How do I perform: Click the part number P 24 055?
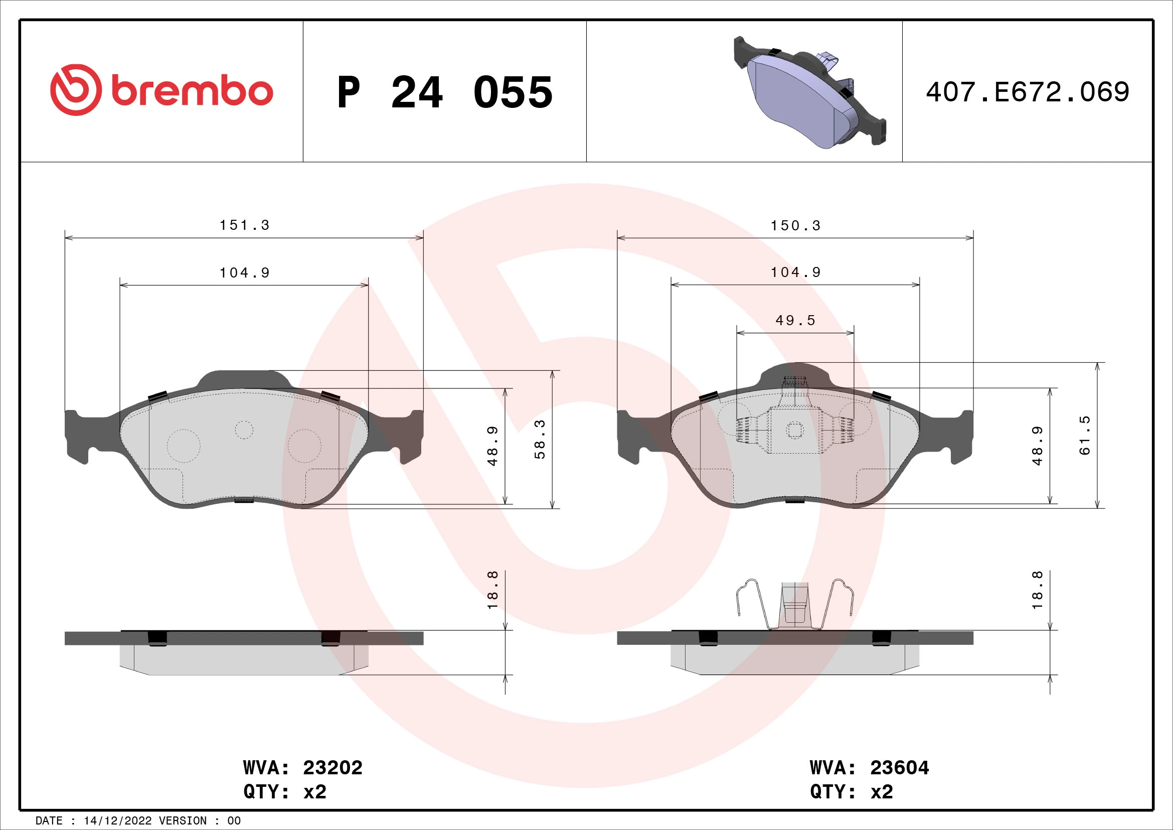(x=444, y=92)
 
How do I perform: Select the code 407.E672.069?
(x=1028, y=92)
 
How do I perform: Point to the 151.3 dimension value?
(x=244, y=225)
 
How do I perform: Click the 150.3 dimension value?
(x=795, y=226)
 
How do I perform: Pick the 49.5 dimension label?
(x=795, y=321)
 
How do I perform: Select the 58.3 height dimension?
(x=540, y=439)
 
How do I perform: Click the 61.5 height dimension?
(x=1085, y=436)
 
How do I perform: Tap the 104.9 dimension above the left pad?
(x=244, y=273)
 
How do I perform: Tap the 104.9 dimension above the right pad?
(x=795, y=272)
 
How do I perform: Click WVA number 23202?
(x=332, y=767)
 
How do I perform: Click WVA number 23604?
(x=899, y=767)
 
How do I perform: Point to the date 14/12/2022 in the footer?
(x=117, y=821)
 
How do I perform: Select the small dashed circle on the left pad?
(x=244, y=430)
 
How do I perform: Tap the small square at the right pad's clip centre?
(x=794, y=431)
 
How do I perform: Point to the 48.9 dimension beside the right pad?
(x=1038, y=446)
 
